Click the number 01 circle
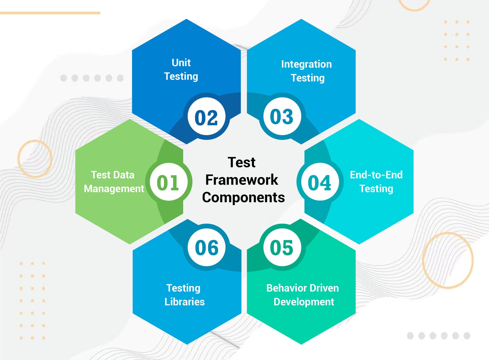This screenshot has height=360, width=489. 169,182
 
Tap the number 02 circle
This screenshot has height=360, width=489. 206,116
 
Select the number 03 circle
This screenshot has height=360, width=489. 282,116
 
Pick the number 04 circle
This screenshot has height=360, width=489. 320,182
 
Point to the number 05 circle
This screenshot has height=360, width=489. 282,247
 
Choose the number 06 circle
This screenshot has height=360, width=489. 206,247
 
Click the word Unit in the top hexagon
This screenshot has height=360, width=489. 181,63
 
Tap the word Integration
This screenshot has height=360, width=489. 306,64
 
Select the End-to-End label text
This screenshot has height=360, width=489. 376,174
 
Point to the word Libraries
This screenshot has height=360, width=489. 185,302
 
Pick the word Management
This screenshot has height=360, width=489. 114,189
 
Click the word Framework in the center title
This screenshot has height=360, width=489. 242,180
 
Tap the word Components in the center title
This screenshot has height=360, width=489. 243,198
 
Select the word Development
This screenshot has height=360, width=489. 304,302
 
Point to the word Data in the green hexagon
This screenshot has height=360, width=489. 123,175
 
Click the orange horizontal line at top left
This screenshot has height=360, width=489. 50,13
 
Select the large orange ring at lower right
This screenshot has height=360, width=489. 423,260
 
